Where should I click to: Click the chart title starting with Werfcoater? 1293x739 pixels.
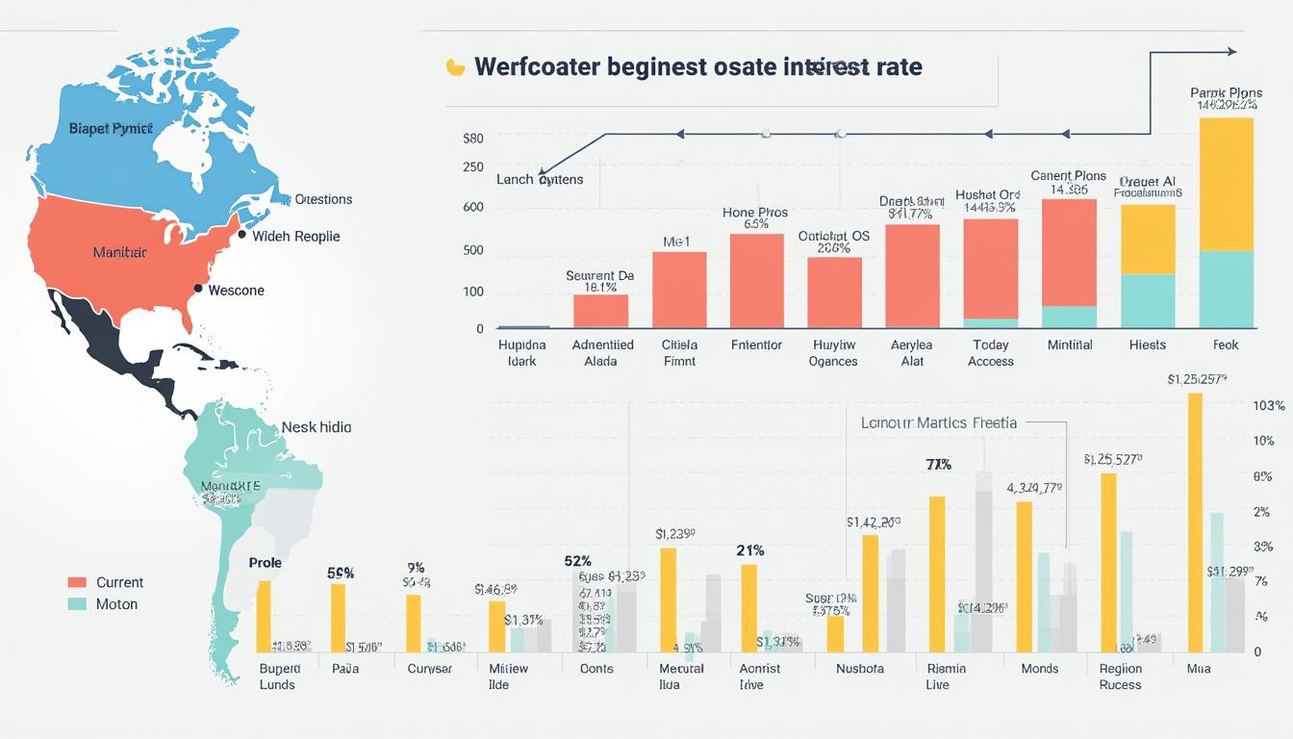pos(697,67)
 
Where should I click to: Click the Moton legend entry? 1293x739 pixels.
pos(116,604)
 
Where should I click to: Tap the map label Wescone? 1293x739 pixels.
pos(236,290)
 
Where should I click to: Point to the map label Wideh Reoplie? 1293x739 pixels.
pos(295,236)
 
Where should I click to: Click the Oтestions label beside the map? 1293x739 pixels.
pos(323,199)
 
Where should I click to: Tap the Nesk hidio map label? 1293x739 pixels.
pos(316,426)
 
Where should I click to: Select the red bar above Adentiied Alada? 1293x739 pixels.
pos(600,311)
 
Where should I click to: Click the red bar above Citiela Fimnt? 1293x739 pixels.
pos(679,290)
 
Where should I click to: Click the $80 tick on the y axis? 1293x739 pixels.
pos(472,138)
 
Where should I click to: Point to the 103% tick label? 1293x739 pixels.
pos(1269,406)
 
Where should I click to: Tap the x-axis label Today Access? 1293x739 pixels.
pos(990,353)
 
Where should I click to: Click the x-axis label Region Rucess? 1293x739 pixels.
pos(1120,676)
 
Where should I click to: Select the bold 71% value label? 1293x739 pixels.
pos(938,465)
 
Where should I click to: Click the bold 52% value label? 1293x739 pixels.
pos(577,560)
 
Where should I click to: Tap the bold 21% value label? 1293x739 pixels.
pos(750,550)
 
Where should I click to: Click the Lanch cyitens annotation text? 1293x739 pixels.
pos(540,179)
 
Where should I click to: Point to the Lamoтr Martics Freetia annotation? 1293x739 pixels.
pos(938,421)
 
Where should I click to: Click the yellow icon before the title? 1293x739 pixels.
pos(455,67)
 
